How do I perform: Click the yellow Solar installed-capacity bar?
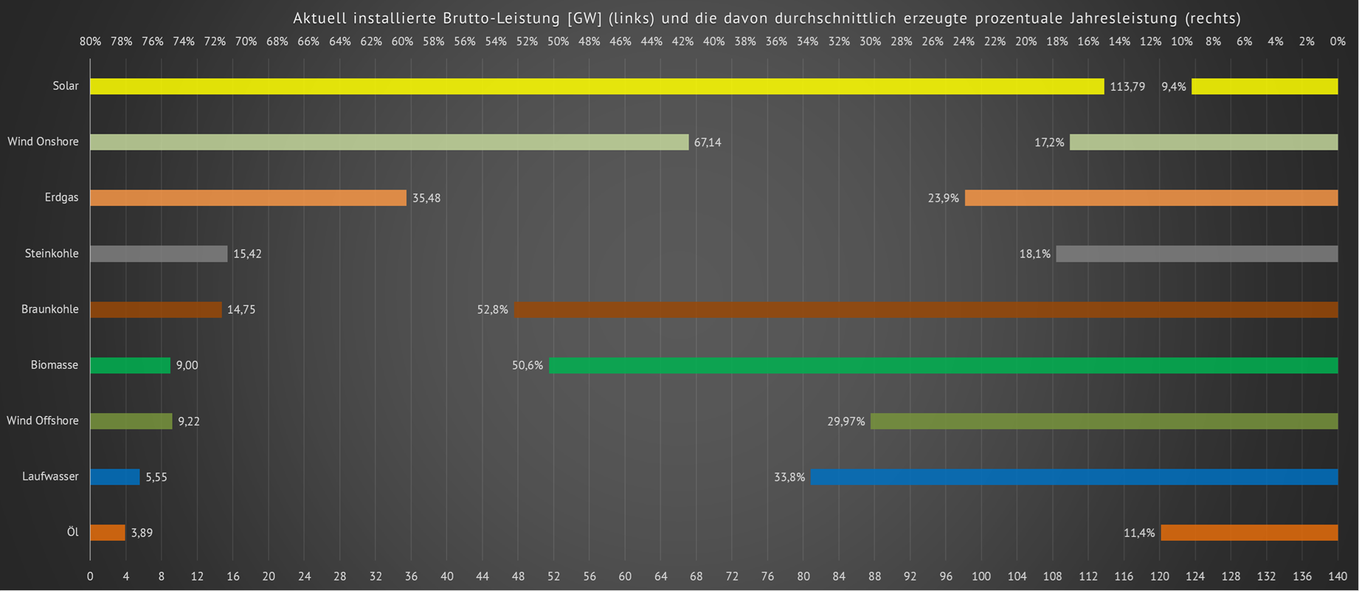tap(596, 86)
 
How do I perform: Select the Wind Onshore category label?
tap(43, 142)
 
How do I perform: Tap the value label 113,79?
tap(1127, 87)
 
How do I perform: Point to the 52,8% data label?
tap(492, 310)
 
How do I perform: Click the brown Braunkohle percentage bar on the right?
tap(926, 310)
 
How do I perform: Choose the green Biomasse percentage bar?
tap(943, 365)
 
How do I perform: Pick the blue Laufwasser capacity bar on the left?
tap(114, 477)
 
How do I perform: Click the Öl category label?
tap(72, 532)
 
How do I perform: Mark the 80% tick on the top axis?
tap(90, 42)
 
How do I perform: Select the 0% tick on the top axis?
tap(1338, 42)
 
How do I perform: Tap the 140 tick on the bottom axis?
tap(1338, 576)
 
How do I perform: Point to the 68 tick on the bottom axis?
tap(696, 576)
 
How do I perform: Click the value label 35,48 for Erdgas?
tap(426, 198)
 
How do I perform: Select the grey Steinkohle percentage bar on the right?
tap(1197, 254)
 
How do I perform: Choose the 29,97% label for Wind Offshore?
tap(846, 421)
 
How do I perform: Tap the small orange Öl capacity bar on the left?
tap(108, 533)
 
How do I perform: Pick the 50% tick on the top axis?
tap(558, 42)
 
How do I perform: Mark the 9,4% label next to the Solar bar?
tap(1173, 87)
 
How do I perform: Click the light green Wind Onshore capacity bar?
tap(389, 142)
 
